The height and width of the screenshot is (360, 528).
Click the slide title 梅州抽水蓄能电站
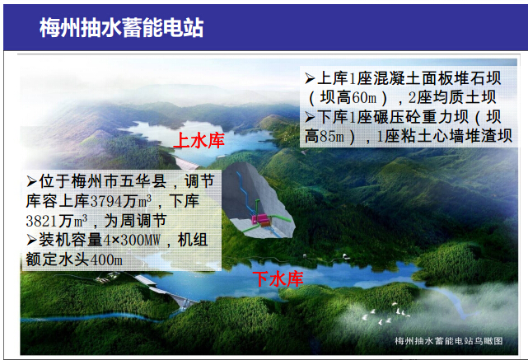pos(122,28)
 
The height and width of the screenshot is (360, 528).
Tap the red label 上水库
pos(199,140)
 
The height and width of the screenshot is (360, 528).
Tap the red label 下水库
pos(278,278)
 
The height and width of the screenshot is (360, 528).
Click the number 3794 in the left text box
pos(106,201)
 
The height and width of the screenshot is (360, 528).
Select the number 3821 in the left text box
pos(42,221)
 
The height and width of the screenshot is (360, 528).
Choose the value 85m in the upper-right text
pos(337,137)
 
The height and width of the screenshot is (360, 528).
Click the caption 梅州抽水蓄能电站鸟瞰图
pos(449,341)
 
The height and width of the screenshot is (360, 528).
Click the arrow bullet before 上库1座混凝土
pos(310,79)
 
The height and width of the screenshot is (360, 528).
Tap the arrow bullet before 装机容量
pos(31,240)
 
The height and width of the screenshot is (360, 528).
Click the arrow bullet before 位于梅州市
pos(31,182)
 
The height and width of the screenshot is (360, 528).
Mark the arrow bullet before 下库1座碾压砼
pos(310,117)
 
